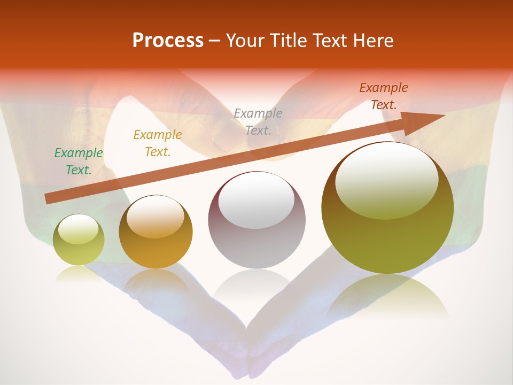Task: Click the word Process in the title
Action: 168,41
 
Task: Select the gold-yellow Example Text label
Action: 158,143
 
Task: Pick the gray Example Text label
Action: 258,121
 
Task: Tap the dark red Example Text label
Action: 384,96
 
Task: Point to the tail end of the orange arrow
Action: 48,199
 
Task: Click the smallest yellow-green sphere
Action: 79,251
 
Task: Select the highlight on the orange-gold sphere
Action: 156,217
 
